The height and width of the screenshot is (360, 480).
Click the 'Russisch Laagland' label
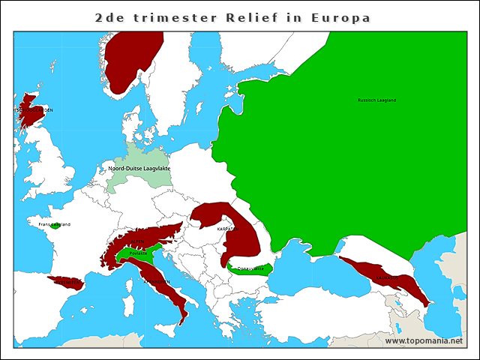[x=376, y=100]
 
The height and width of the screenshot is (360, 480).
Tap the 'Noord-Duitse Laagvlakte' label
[x=139, y=169]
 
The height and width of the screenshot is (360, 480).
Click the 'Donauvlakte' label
[x=250, y=268]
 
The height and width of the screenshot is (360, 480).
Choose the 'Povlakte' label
[x=138, y=253]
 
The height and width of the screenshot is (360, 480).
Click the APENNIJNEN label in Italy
[x=157, y=282]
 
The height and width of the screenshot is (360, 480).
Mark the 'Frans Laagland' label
[x=55, y=224]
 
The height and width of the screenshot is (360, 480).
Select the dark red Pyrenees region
[x=66, y=283]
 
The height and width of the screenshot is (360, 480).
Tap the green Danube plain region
[x=251, y=268]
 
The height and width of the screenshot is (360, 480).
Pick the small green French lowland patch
[x=55, y=226]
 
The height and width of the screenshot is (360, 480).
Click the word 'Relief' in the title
[x=256, y=17]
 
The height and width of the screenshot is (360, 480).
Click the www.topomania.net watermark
[x=424, y=340]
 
